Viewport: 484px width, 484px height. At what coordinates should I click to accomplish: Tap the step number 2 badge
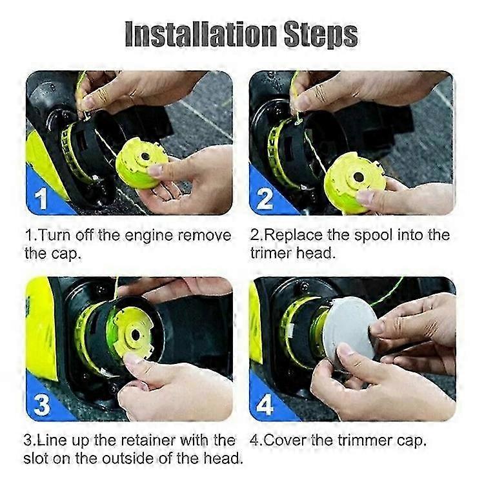[x=265, y=198]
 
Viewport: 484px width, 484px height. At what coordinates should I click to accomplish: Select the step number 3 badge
[x=41, y=405]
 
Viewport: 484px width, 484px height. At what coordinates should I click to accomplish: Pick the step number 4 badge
[x=265, y=405]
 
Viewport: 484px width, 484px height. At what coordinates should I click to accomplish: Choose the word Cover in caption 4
[x=285, y=441]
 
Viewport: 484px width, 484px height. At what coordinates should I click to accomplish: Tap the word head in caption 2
[x=316, y=253]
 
